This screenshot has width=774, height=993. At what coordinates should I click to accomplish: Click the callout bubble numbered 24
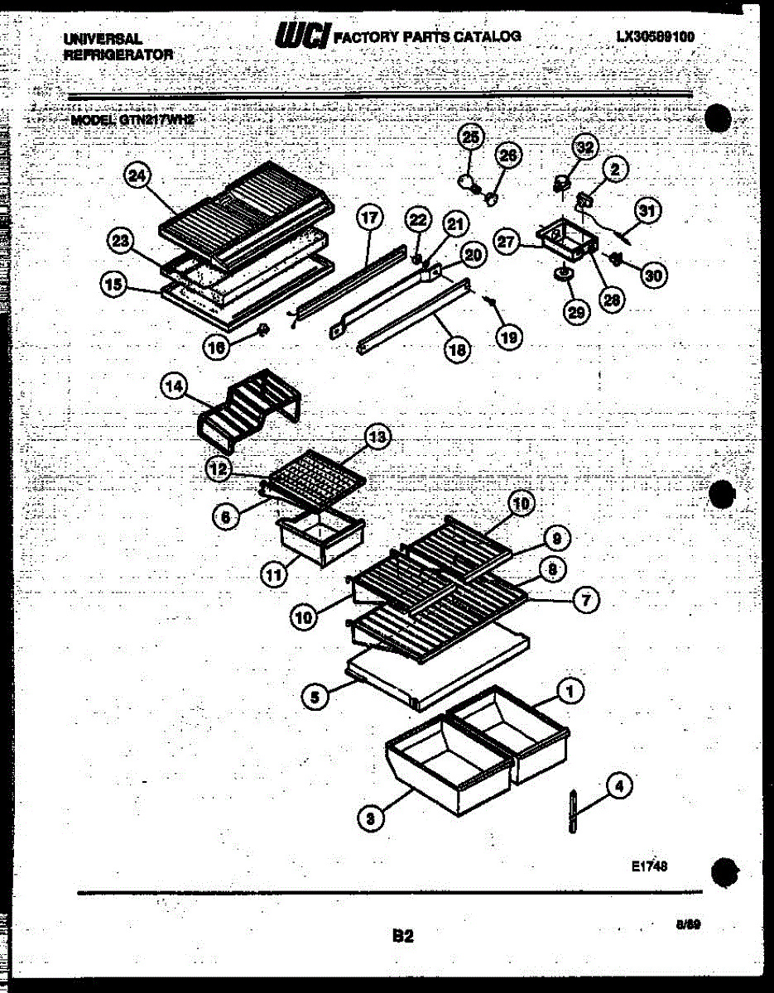pos(137,175)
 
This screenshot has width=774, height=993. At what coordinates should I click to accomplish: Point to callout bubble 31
pos(647,211)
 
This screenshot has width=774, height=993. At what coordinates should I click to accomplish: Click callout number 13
pos(377,438)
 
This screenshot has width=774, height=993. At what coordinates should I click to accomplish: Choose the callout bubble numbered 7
pos(586,600)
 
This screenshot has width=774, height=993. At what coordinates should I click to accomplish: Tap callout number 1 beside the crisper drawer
pos(570,689)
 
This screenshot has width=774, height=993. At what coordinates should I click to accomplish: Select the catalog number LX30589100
pos(655,36)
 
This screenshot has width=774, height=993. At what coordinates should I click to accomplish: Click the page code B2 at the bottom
pos(402,936)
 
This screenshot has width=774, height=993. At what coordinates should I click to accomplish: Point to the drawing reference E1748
pos(649,866)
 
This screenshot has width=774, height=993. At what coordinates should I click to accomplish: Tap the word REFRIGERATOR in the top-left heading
pos(118,55)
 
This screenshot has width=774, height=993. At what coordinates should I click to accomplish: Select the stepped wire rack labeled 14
pos(250,410)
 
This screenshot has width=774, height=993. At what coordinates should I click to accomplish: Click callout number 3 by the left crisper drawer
pos(371,818)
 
